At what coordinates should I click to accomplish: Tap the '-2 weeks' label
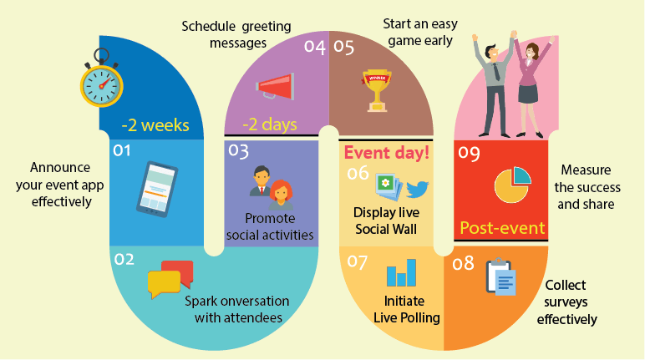click(155, 126)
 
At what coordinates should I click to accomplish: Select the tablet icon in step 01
click(157, 186)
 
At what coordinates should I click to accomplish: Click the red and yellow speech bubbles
click(170, 279)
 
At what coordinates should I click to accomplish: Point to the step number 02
click(124, 260)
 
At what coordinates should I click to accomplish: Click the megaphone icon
click(275, 86)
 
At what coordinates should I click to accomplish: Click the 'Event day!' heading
click(387, 153)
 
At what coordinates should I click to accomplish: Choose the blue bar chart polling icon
click(402, 273)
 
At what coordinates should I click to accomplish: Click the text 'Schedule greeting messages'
click(236, 33)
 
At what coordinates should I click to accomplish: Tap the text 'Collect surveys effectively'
click(567, 302)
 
